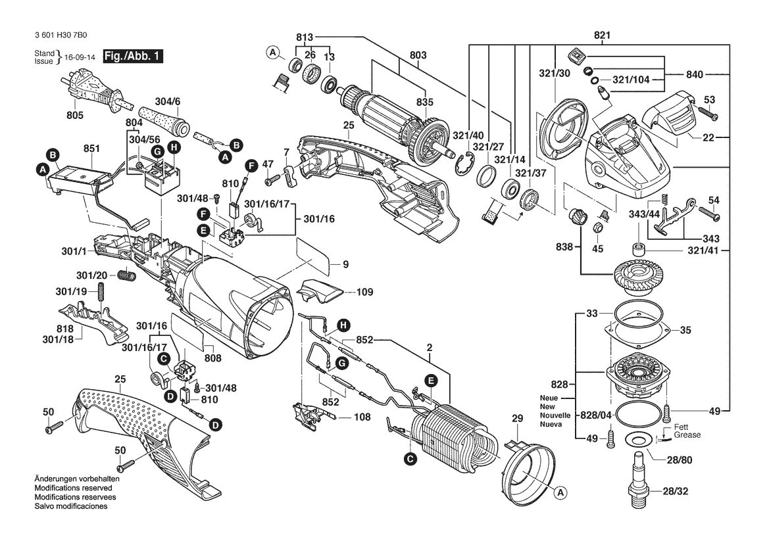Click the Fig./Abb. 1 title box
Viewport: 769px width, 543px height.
coord(132,57)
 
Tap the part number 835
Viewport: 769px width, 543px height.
coord(425,103)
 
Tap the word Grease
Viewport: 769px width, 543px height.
coord(687,435)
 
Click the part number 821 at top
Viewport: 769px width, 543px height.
coord(602,35)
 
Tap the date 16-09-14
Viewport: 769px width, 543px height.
coord(79,57)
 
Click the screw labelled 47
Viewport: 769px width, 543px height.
coord(270,179)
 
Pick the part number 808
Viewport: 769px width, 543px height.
coord(212,358)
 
